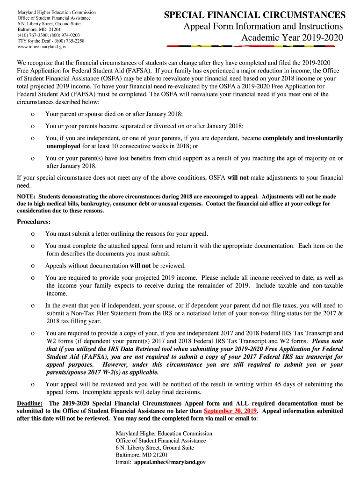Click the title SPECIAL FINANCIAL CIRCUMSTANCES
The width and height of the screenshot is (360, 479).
[255, 15]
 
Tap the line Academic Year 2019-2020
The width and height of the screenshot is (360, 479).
[292, 37]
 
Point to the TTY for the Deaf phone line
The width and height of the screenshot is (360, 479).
[51, 41]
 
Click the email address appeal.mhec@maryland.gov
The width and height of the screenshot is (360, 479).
[170, 462]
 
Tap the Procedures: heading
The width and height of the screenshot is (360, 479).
[34, 222]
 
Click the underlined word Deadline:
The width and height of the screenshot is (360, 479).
[30, 403]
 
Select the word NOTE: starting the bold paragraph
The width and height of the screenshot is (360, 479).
[26, 197]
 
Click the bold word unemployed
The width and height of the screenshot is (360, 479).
[64, 146]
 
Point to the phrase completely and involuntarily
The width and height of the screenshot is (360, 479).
[303, 138]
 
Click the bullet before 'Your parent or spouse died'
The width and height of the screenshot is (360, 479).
[32, 114]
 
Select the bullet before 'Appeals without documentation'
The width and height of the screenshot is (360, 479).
[32, 266]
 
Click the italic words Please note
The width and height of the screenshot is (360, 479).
[327, 341]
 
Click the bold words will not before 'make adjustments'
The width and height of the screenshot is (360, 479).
[238, 178]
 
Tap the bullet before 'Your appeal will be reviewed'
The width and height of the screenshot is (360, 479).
[32, 385]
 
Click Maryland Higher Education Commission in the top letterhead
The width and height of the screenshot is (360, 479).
[57, 12]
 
